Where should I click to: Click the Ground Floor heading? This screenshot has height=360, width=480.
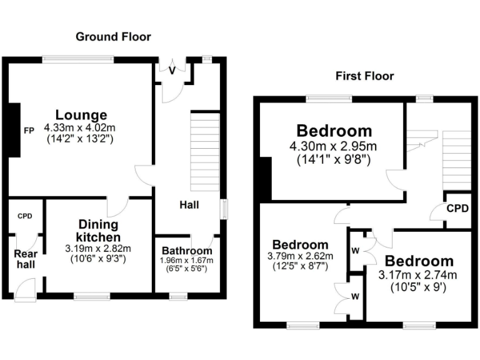point(113,37)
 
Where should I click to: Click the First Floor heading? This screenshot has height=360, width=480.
point(365,76)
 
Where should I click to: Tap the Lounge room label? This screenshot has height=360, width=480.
point(81,115)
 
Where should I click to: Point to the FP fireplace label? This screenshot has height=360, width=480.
point(29,131)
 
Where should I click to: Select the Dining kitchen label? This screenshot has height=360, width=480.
point(98,231)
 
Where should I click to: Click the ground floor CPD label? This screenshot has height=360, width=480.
point(24,216)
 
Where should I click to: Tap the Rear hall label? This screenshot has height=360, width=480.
point(25,259)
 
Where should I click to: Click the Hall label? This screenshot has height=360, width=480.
point(189,204)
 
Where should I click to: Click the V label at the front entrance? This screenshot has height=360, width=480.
point(172,71)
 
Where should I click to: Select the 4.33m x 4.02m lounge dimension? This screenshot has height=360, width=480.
point(80,128)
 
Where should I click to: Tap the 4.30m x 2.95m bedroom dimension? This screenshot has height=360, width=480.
point(334,147)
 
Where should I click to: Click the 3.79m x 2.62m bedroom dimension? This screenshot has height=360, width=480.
point(301,256)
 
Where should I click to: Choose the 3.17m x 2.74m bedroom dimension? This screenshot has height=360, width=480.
point(418,275)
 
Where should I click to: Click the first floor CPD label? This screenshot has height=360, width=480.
point(457,208)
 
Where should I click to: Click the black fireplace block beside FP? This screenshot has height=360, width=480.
point(11,131)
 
